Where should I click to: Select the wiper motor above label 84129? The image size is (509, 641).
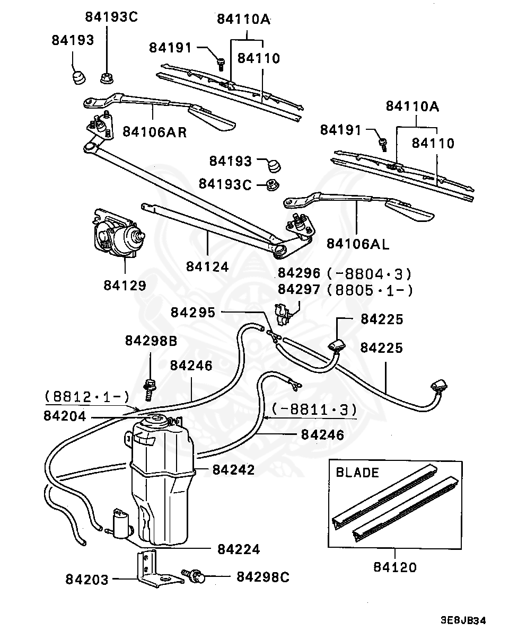(x=117, y=237)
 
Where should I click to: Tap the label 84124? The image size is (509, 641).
(x=207, y=266)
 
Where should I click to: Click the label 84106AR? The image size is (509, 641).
(x=155, y=132)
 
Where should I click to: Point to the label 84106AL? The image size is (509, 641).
(x=357, y=244)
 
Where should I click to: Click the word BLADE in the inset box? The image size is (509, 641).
(x=357, y=473)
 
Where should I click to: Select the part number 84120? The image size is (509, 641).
(x=394, y=567)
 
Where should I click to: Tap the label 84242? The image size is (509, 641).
(x=233, y=470)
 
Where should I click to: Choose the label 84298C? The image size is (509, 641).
(x=263, y=577)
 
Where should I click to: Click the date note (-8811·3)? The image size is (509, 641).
(x=314, y=409)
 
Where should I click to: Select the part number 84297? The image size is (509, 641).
(x=299, y=290)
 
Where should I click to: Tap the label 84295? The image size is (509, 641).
(x=193, y=313)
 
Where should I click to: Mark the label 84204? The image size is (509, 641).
(x=65, y=416)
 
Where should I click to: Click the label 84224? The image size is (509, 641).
(x=239, y=549)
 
